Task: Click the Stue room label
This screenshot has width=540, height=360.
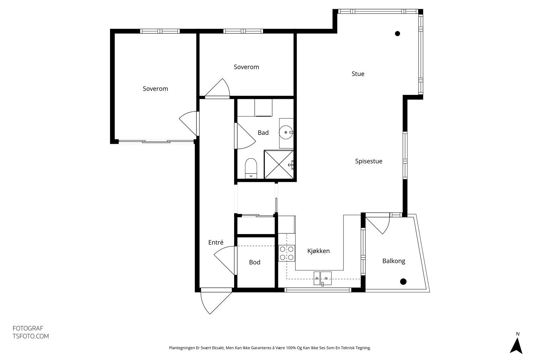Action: pos(358,74)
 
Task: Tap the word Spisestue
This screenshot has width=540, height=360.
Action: pos(368,161)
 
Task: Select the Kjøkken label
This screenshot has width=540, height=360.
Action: pos(319,251)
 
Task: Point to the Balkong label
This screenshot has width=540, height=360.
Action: pos(394,261)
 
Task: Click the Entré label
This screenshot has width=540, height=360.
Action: pos(216,242)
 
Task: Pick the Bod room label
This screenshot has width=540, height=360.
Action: pos(255,262)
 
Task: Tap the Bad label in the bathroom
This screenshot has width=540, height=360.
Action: pos(263,133)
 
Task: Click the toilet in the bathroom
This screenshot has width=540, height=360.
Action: pos(251,168)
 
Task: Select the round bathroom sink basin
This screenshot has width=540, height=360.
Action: pos(286,133)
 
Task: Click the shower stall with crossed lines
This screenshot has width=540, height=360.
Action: pos(279,165)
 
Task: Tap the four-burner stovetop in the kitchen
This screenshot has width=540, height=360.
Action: pos(287,253)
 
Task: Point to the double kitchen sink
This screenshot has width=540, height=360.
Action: pos(322,278)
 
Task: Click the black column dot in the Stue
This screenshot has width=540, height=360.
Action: pos(398,34)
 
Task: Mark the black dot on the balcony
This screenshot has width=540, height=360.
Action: pos(403,281)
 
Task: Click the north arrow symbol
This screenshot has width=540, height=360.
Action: pos(516,346)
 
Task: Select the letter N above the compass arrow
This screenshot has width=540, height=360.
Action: pos(517,334)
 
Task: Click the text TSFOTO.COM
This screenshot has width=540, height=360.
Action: pos(31,336)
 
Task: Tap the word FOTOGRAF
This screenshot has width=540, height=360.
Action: pos(28,328)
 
